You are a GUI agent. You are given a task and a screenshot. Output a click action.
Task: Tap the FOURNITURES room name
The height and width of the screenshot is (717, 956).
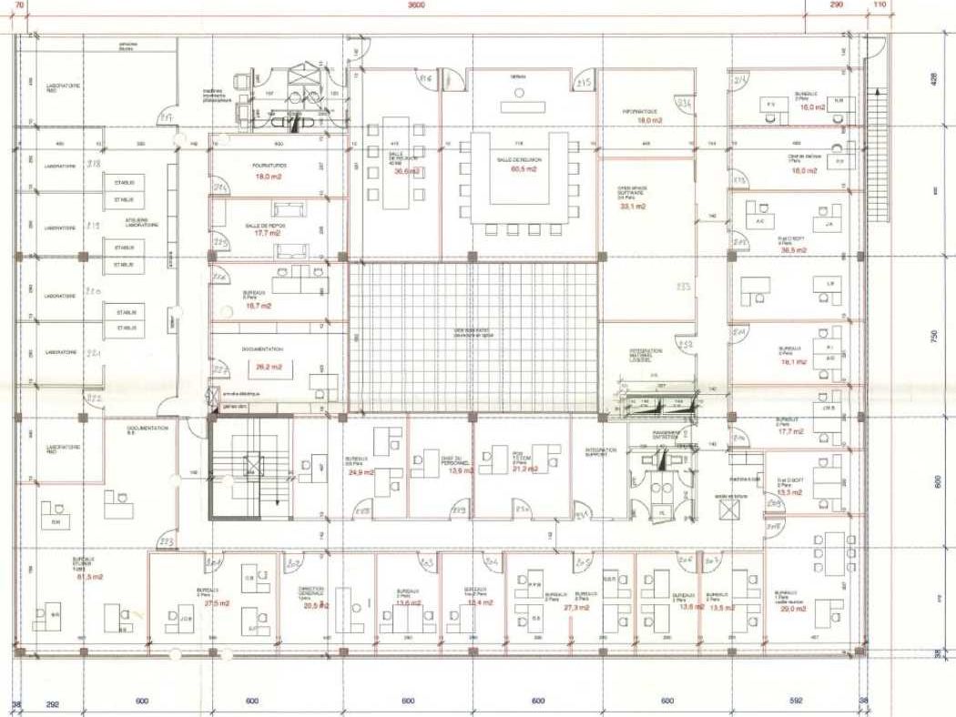270,165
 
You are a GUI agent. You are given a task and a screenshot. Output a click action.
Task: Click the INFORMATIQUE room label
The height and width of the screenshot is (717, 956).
641,111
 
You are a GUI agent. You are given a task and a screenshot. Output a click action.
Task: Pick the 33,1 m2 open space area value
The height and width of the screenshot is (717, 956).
632,207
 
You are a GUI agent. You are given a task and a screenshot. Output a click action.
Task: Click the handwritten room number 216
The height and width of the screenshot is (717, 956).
425,80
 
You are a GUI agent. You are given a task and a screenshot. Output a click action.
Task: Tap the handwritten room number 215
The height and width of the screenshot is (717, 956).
585,84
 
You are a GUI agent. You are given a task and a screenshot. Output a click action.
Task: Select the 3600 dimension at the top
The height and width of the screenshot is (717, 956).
414,5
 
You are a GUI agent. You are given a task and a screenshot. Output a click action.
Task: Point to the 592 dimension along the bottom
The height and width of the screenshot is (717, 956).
797,702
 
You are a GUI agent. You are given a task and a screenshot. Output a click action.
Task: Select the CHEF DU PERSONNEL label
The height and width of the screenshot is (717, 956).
438,462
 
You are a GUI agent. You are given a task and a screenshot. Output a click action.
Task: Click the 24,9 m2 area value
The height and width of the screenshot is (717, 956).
361,473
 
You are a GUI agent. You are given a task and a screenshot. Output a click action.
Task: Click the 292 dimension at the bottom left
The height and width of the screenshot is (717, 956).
53,703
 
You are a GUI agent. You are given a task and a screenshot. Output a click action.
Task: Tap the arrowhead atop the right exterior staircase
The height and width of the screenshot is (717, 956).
879,91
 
